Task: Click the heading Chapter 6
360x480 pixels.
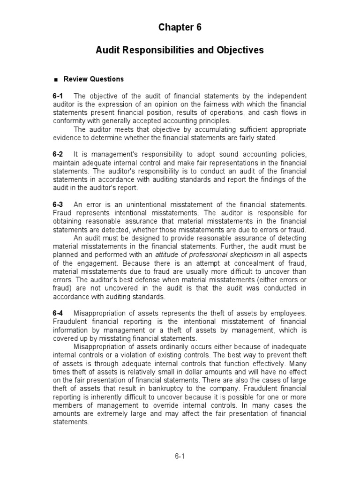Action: point(180,28)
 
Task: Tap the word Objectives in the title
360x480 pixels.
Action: point(240,50)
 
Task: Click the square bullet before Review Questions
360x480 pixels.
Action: point(55,80)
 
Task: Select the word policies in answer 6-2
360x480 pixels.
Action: point(292,155)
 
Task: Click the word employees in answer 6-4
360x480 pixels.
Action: point(289,313)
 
